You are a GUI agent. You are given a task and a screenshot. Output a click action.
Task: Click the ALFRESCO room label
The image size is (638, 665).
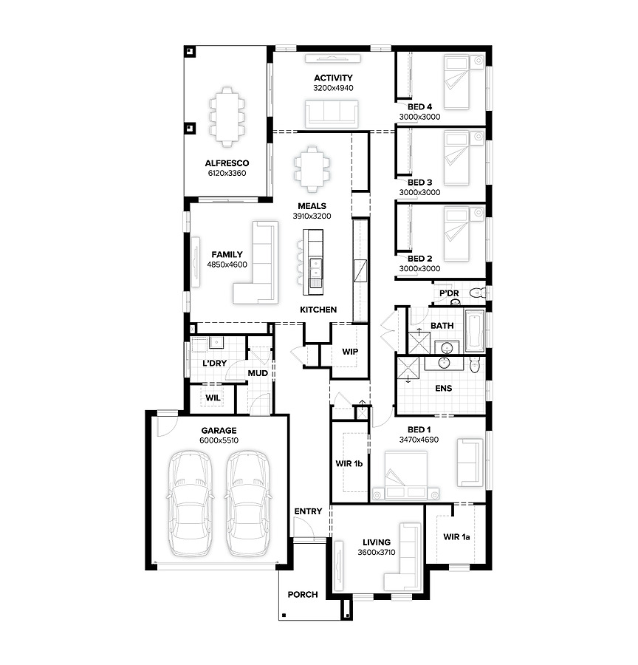click(x=227, y=163)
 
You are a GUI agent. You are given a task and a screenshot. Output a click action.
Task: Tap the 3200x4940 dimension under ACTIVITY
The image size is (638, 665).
click(x=333, y=88)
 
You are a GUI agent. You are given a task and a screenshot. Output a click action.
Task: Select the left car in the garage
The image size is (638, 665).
click(x=191, y=503)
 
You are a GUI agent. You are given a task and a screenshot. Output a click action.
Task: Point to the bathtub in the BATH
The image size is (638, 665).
click(x=474, y=331)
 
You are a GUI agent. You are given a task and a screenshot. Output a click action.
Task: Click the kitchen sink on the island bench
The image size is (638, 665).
click(x=316, y=267)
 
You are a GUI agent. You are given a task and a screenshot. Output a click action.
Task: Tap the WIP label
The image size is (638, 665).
click(x=350, y=352)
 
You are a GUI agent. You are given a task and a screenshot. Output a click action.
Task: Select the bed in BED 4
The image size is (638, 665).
click(x=456, y=82)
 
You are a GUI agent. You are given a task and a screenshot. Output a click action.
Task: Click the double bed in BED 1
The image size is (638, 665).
click(x=405, y=475)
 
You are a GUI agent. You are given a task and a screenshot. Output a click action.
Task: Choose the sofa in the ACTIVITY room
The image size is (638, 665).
click(x=332, y=114)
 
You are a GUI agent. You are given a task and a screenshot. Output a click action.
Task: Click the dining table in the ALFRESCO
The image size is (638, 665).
click(x=227, y=117)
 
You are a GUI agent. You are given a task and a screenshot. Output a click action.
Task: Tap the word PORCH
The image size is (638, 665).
click(x=303, y=595)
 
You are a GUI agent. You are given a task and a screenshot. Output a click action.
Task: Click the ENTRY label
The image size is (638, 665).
click(x=308, y=511)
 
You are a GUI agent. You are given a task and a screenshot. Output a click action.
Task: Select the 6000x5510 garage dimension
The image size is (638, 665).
click(x=219, y=440)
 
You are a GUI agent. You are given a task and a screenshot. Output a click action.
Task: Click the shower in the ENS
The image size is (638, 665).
click(x=408, y=368)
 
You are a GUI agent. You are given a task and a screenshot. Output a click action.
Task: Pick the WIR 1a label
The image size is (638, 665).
click(x=456, y=537)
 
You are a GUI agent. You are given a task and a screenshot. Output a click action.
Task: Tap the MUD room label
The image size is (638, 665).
click(x=258, y=373)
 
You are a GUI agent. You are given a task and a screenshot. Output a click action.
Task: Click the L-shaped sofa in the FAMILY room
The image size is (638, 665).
click(x=255, y=262)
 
